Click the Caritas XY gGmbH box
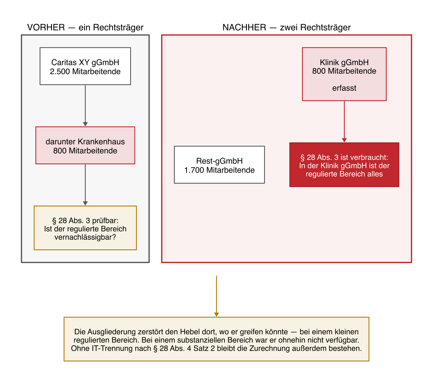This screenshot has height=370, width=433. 85,66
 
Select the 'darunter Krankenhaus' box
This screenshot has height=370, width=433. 85,145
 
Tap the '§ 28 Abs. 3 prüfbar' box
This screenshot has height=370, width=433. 85,228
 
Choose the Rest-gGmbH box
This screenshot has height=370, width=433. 219,165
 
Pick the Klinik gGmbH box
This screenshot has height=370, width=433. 344,74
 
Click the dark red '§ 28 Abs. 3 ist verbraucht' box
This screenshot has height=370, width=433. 344,165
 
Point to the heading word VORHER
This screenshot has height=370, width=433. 46,27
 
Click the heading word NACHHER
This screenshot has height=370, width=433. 244,27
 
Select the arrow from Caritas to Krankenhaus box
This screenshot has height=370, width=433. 85,106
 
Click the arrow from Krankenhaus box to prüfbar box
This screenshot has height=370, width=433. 85,185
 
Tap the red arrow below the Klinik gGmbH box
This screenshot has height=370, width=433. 344,122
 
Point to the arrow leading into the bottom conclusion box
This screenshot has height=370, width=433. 216,296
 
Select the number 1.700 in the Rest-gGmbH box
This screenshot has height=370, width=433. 194,170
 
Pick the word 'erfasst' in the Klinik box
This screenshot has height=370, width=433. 344,88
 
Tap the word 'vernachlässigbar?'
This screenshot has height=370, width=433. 85,237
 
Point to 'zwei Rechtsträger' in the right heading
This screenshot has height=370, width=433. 315,27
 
